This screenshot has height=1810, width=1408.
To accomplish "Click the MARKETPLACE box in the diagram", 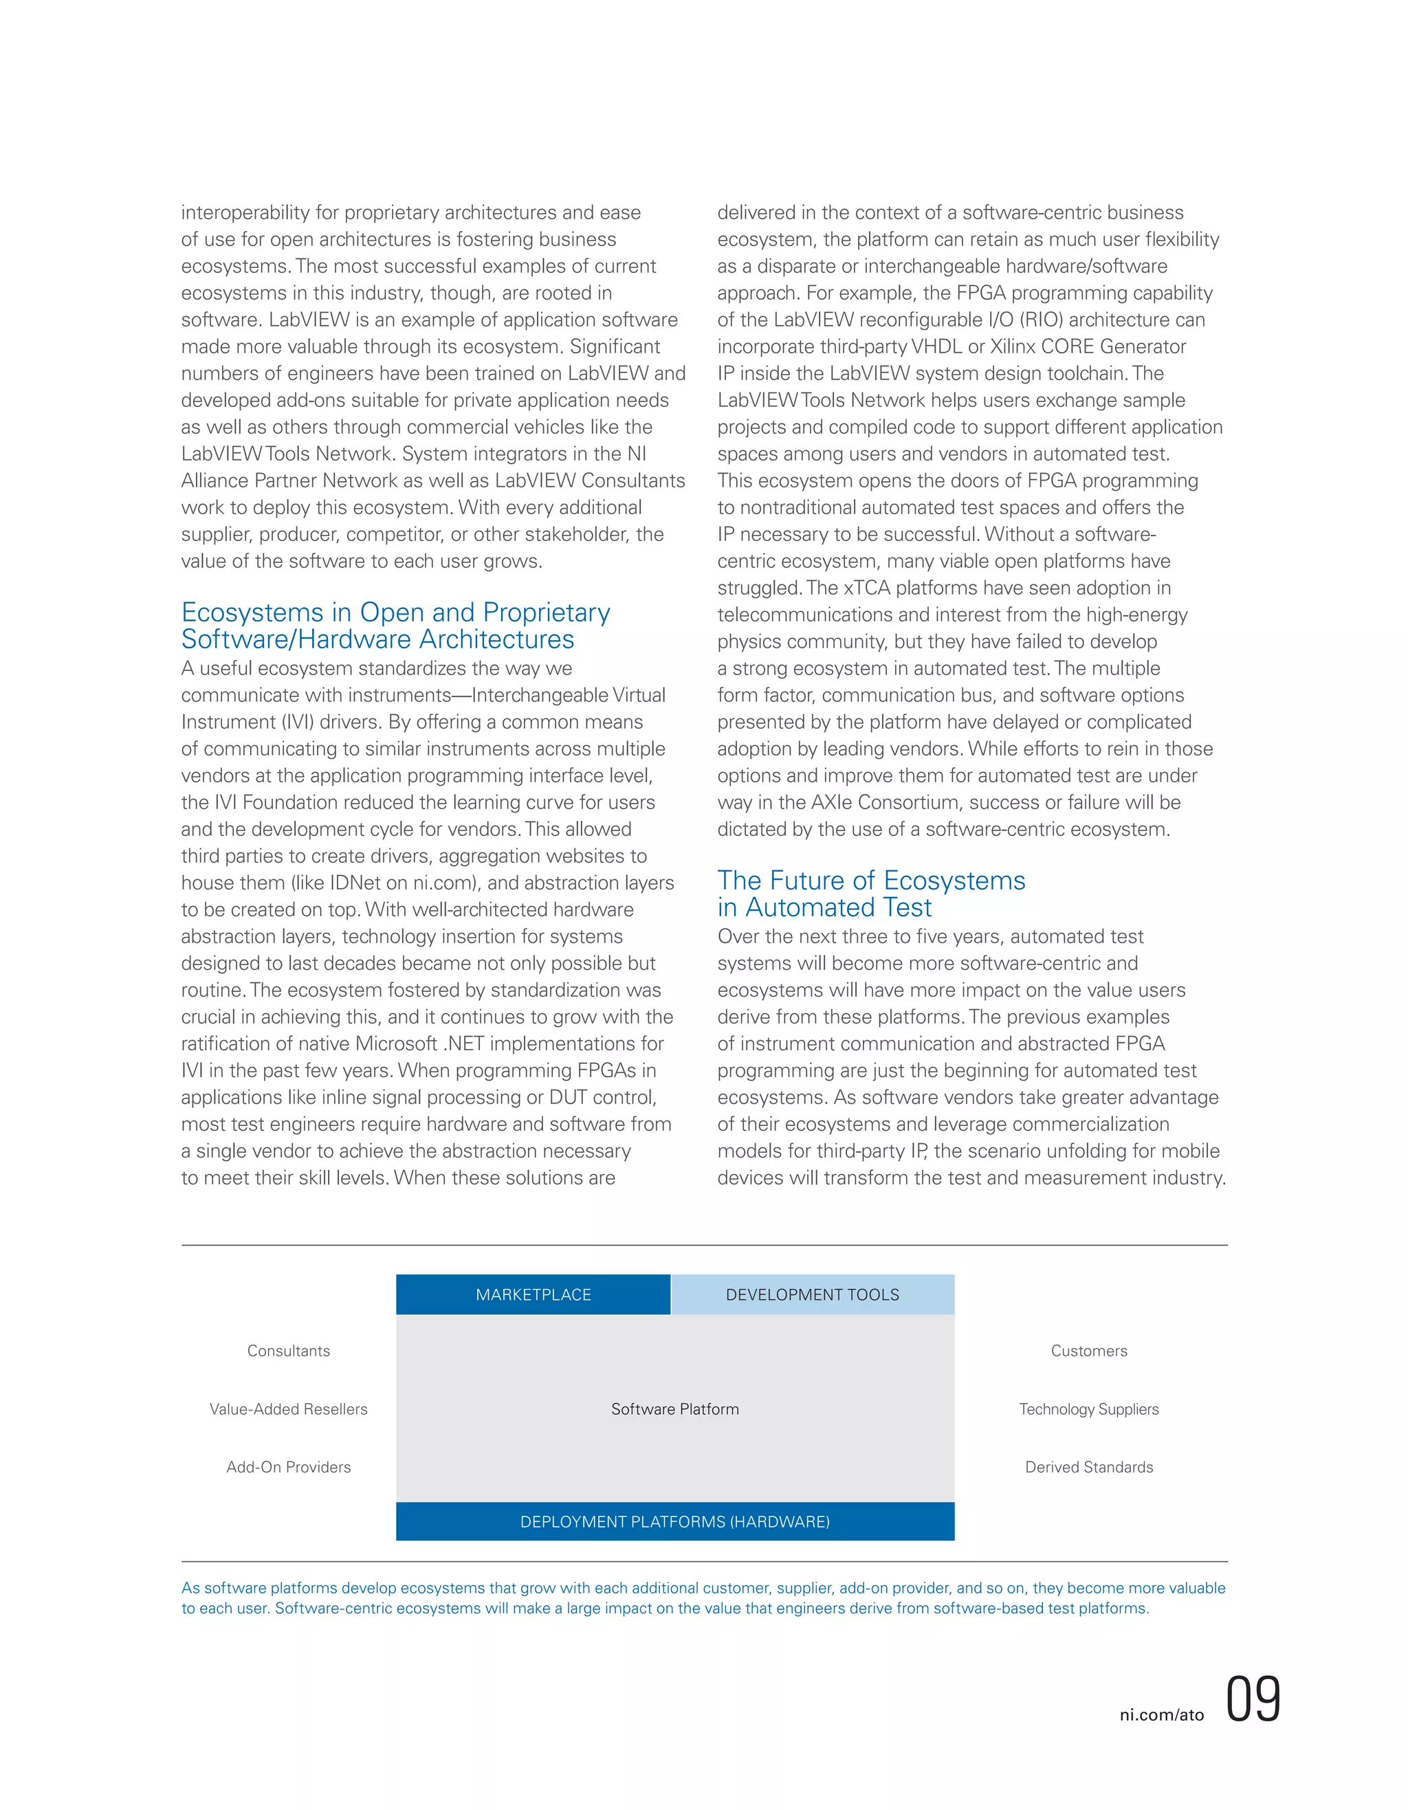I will point(533,1294).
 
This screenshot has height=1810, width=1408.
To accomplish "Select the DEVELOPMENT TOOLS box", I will point(812,1294).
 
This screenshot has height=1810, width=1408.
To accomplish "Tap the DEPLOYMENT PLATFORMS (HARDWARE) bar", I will point(674,1521).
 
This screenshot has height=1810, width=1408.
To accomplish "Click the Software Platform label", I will point(674,1409).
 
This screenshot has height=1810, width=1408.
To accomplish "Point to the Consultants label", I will point(288,1351).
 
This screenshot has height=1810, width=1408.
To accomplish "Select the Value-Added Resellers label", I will point(288,1409).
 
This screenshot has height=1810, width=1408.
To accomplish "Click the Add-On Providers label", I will point(288,1467).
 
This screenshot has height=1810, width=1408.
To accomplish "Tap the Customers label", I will point(1089,1351).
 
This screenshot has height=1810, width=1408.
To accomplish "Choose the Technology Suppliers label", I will point(1089,1409).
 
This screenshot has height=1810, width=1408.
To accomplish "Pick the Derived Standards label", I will point(1089,1467).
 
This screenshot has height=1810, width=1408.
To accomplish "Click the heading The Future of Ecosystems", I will point(871,880).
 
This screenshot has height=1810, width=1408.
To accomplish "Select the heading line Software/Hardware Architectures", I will point(378,640).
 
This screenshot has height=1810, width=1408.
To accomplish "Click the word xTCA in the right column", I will point(867,588).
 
